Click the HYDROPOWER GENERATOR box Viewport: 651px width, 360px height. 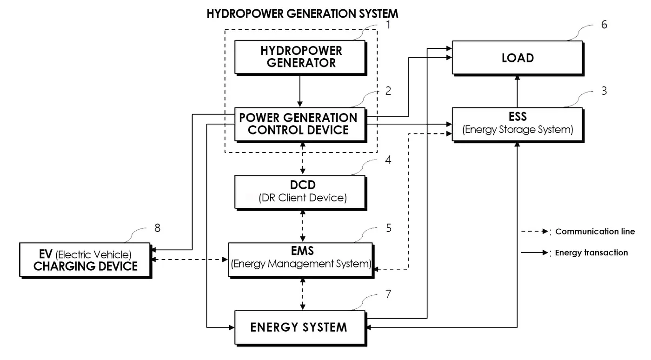point(300,58)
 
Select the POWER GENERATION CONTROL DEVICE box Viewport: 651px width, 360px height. point(300,125)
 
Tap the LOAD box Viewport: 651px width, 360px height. point(518,58)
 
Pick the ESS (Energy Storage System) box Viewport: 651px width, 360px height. point(518,125)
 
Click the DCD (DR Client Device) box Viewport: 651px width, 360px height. point(300,192)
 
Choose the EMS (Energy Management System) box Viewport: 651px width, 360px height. point(301,260)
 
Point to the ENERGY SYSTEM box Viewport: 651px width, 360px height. point(300,328)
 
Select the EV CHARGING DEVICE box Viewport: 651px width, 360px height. point(86,260)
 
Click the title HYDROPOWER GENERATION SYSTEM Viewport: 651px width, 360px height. point(302,13)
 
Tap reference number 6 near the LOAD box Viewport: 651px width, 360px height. point(604,25)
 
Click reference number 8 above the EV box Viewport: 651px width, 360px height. point(157,228)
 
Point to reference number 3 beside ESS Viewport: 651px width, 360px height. point(604,91)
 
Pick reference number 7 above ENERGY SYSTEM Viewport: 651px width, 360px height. point(388,294)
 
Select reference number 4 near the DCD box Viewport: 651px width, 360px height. point(388,160)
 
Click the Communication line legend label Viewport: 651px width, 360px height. point(595,232)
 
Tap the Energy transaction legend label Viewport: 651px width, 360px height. point(591,253)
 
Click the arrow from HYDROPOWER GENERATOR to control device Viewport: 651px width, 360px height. point(299,92)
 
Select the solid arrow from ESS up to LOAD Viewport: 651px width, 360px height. point(517,91)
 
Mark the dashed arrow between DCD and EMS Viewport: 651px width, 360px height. point(303,226)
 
